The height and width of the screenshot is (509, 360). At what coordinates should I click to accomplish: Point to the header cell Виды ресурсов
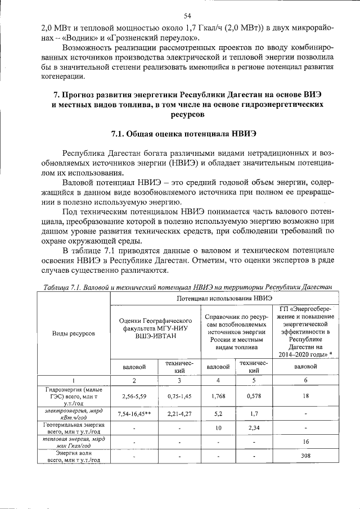pyautogui.click(x=73, y=334)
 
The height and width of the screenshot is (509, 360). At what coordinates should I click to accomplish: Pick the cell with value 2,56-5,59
pyautogui.click(x=134, y=396)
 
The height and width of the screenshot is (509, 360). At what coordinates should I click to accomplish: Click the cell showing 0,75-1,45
pyautogui.click(x=179, y=396)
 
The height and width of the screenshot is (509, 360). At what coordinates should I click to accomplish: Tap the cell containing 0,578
pyautogui.click(x=254, y=396)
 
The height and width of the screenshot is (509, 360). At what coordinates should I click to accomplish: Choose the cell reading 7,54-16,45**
pyautogui.click(x=134, y=415)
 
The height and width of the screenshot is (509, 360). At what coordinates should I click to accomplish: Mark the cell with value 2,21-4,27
pyautogui.click(x=179, y=415)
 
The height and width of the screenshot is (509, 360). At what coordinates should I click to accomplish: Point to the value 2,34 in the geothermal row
pyautogui.click(x=254, y=429)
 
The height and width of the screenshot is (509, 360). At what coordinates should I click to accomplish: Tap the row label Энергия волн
pyautogui.click(x=73, y=452)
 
